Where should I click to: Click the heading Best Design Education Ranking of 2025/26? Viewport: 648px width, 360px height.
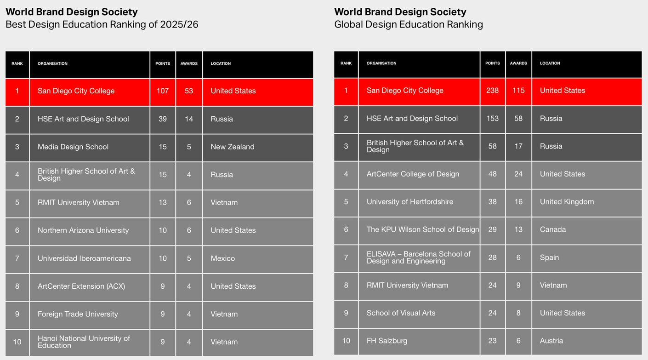102,24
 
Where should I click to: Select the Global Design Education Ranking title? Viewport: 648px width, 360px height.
408,24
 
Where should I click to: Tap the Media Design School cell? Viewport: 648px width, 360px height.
73,147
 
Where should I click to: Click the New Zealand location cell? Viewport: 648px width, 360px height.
232,147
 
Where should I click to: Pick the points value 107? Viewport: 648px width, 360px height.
162,91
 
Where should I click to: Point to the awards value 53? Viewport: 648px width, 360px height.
189,91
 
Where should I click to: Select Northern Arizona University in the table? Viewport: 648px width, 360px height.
83,230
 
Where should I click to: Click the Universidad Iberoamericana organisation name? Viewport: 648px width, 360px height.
84,258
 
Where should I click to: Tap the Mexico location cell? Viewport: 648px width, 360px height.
222,258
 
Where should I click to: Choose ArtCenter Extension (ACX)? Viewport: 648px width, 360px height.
81,286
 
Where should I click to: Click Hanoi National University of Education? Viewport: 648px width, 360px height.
84,342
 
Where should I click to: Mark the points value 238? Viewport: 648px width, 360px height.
492,90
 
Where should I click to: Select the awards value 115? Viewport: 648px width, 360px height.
518,90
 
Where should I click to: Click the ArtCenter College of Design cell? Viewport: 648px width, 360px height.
413,174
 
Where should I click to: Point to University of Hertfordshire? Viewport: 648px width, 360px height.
409,202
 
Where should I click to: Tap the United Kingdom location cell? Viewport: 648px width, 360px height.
567,202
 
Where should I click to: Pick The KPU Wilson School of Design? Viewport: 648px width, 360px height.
422,229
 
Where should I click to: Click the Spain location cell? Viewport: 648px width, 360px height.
549,257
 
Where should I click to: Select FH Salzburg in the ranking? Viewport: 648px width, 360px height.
387,341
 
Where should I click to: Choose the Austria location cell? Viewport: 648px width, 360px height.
551,341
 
